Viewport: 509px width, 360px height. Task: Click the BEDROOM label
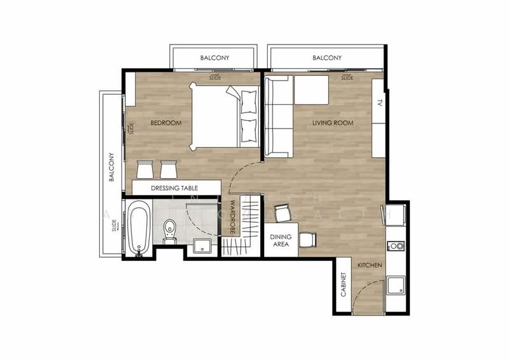coord(165,123)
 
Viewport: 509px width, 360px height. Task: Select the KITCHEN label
coord(369,265)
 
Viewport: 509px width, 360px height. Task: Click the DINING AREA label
coord(281,240)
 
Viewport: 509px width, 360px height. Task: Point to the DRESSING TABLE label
coord(174,188)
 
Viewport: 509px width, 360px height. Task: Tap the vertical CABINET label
coord(343,286)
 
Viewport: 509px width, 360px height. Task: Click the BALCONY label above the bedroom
coord(214,58)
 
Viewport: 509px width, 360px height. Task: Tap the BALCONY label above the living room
coord(327,58)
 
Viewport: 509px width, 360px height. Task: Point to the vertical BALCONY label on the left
coord(111,167)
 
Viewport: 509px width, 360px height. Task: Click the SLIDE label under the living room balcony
coord(347,78)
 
